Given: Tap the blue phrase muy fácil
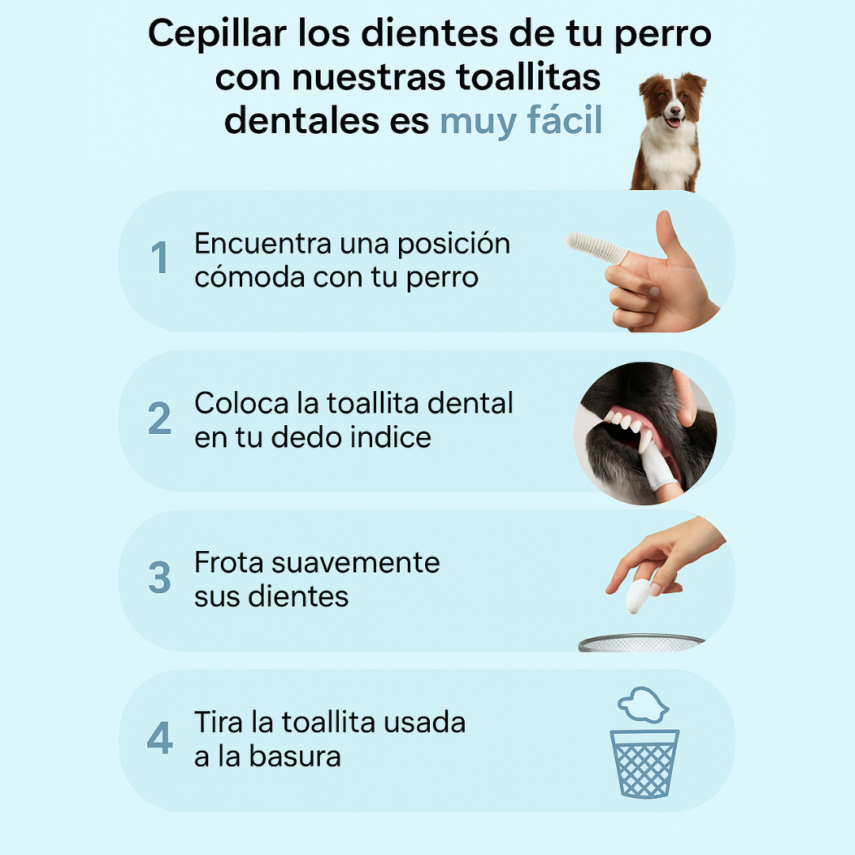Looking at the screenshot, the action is click(521, 121).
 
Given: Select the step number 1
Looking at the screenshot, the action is click(160, 257).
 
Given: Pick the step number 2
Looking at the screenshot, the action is click(160, 418).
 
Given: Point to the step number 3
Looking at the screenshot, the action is click(160, 577).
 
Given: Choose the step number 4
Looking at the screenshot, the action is click(160, 737).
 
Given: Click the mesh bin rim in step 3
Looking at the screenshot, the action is click(641, 642).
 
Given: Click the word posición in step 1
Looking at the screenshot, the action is click(454, 245).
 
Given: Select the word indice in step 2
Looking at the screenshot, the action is click(390, 437).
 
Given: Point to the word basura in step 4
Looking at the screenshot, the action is click(294, 756).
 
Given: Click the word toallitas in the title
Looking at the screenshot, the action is click(528, 78).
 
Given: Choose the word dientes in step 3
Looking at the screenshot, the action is click(298, 596).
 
